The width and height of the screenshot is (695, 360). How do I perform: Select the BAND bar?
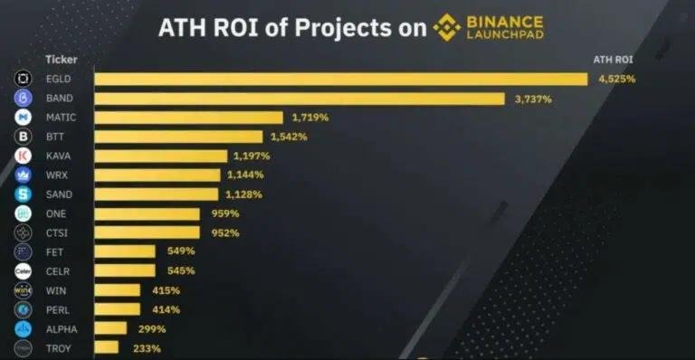(300, 99)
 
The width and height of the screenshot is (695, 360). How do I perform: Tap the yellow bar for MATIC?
(189, 118)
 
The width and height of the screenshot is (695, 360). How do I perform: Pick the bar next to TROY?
(107, 348)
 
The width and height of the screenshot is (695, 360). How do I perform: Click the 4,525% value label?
(616, 80)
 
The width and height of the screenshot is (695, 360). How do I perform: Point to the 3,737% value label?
(533, 99)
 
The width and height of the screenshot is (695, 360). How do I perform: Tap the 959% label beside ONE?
(224, 214)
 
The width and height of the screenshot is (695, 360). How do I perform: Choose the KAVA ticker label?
(59, 156)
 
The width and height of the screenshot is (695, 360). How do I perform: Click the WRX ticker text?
(57, 175)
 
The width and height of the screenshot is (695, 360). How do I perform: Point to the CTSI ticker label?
(58, 233)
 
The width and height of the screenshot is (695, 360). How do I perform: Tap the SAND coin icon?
(23, 194)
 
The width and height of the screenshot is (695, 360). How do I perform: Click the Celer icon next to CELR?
(23, 271)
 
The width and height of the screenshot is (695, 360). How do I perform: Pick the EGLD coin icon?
(23, 80)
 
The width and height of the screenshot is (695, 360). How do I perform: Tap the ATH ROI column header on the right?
(613, 60)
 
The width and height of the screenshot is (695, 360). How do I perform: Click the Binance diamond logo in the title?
(446, 27)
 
